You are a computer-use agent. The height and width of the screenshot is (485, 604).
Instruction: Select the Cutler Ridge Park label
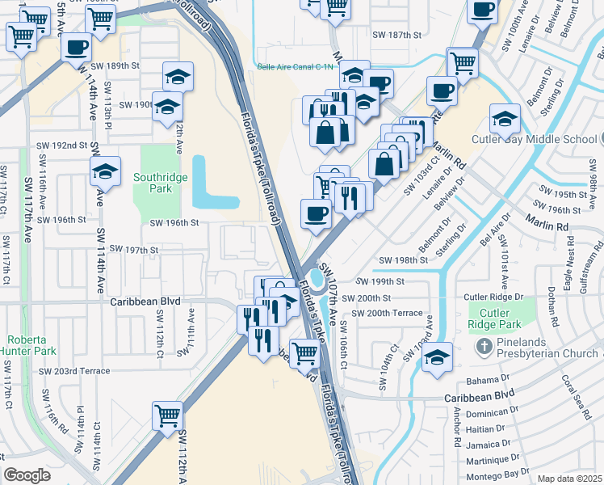click(x=489, y=319)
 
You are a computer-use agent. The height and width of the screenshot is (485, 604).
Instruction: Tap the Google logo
click(x=27, y=475)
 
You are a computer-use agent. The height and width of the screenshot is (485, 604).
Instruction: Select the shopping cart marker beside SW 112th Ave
click(x=167, y=416)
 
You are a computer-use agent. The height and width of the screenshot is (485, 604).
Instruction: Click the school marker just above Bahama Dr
click(x=437, y=356)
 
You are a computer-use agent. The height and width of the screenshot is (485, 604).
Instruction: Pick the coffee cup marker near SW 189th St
click(x=77, y=48)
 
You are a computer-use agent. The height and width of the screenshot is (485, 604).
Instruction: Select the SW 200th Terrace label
click(x=393, y=312)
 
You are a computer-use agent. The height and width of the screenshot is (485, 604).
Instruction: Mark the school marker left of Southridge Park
click(x=105, y=171)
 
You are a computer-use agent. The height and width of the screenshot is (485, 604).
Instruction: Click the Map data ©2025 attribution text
click(x=570, y=479)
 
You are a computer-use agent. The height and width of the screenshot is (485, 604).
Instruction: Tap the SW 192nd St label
click(x=61, y=145)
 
